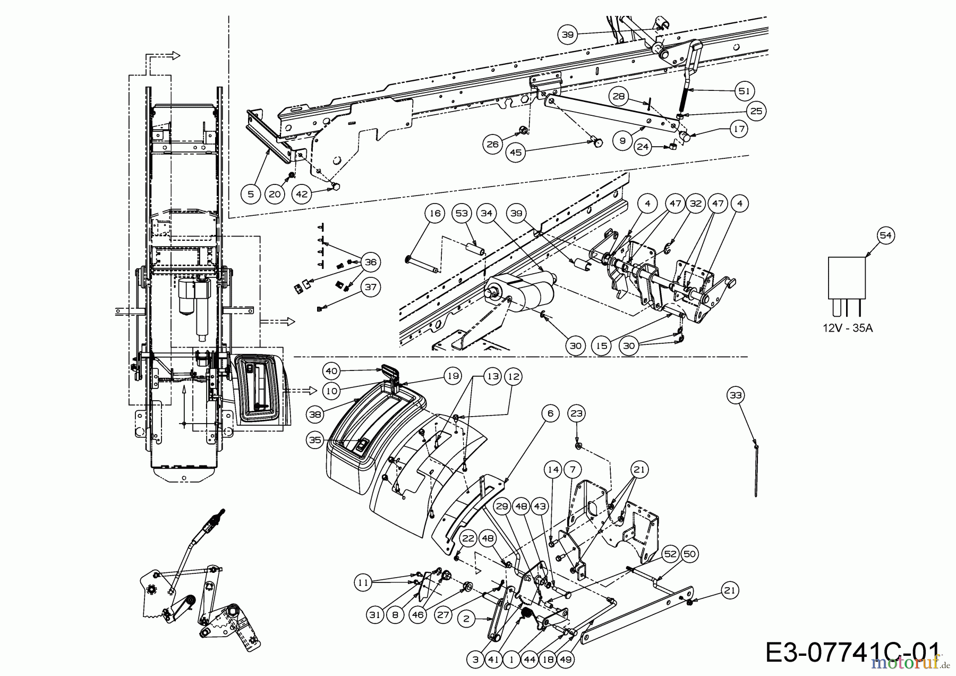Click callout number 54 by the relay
(x=885, y=235)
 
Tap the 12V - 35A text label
(x=848, y=328)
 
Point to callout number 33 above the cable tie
(x=736, y=395)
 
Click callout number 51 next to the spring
(x=744, y=91)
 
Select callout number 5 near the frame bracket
(x=250, y=194)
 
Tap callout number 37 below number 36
(x=370, y=288)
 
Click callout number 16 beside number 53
(x=434, y=214)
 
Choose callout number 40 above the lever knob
(x=331, y=371)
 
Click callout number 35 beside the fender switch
(x=315, y=440)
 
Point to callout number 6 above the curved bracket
(x=550, y=413)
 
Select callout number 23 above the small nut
(x=576, y=413)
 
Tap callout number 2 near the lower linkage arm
(x=466, y=619)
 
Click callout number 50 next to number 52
(x=689, y=555)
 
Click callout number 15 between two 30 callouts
(x=601, y=345)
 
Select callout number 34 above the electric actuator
(x=486, y=214)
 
